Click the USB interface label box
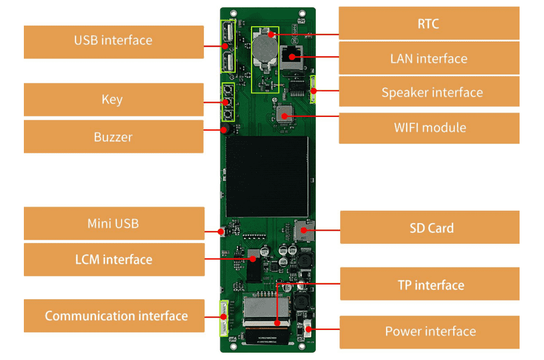click(x=114, y=41)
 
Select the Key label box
click(x=114, y=99)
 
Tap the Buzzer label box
click(x=114, y=136)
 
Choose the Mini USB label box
click(x=114, y=223)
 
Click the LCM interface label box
click(x=114, y=259)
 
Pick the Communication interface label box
click(x=114, y=316)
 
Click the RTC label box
click(x=429, y=23)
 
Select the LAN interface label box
click(x=429, y=58)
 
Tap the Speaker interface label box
click(x=429, y=92)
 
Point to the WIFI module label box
click(x=429, y=127)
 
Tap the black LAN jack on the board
click(x=294, y=57)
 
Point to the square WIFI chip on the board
click(x=284, y=115)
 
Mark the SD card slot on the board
click(x=303, y=231)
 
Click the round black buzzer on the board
click(x=226, y=129)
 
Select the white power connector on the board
click(x=307, y=331)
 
